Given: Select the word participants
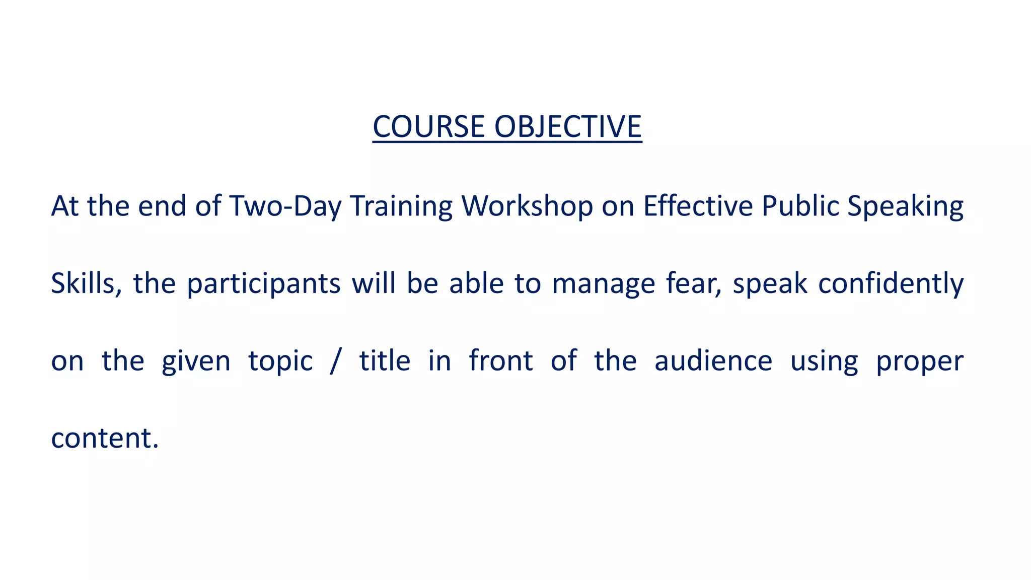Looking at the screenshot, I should [263, 283].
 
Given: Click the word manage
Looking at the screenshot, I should [603, 283].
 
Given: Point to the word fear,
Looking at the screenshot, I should [694, 283].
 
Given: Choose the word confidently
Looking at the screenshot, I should [891, 283].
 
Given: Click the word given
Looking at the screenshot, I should [196, 361].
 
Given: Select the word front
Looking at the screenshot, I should [500, 361].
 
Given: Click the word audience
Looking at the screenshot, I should [713, 361].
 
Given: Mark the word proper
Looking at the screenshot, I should [919, 361].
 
